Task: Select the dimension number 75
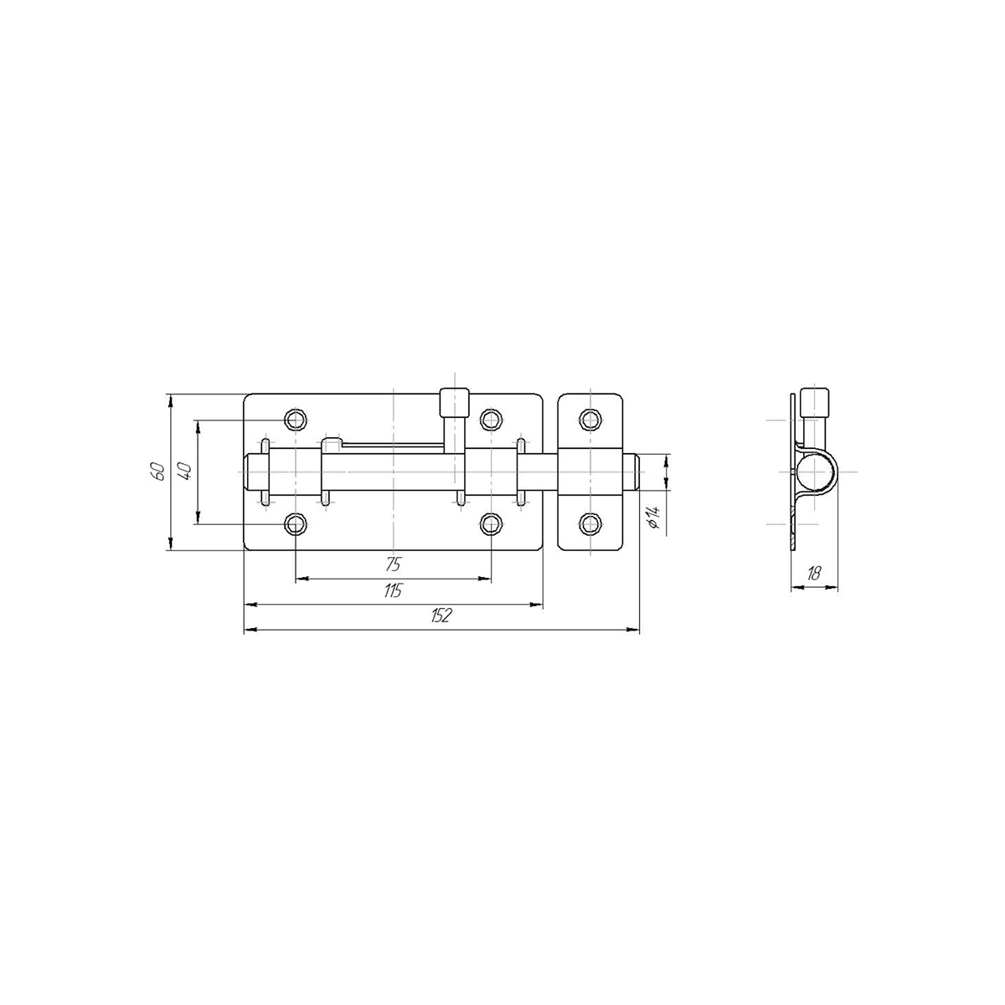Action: tap(394, 564)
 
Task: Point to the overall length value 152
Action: tap(441, 616)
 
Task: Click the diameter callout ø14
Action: tap(654, 518)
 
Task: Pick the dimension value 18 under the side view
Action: tap(813, 574)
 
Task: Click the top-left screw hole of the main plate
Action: tap(295, 419)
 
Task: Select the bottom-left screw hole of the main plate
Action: tap(295, 523)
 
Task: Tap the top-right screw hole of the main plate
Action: tap(491, 419)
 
